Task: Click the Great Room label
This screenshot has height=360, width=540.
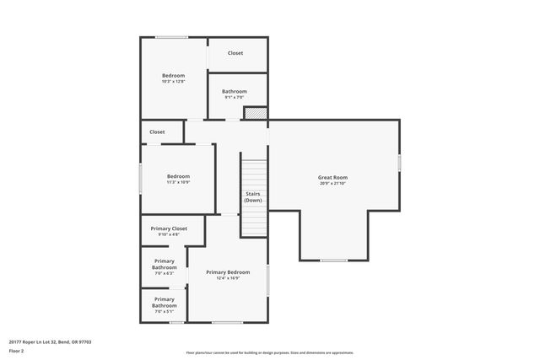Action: coord(332,177)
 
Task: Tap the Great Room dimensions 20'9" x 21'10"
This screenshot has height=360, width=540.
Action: coord(332,184)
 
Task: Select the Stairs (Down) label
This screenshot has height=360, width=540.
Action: coord(253,196)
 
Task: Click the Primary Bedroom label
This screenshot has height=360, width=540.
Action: coord(228,271)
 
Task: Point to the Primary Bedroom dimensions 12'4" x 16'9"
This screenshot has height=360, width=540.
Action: coord(228,278)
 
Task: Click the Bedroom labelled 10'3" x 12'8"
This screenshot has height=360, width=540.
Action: coord(173,75)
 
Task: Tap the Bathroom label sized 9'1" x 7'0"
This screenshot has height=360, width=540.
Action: coord(235,91)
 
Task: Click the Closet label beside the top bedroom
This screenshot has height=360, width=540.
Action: coord(235,53)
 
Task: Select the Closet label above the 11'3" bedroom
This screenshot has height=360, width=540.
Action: coord(157,132)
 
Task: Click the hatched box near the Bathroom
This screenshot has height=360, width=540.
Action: coord(256,113)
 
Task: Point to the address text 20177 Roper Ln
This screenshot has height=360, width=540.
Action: coord(50,342)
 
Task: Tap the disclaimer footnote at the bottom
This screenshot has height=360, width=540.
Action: coord(269,352)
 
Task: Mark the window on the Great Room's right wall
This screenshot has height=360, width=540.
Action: coord(399,161)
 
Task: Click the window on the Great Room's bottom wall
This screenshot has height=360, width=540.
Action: coord(333,260)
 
